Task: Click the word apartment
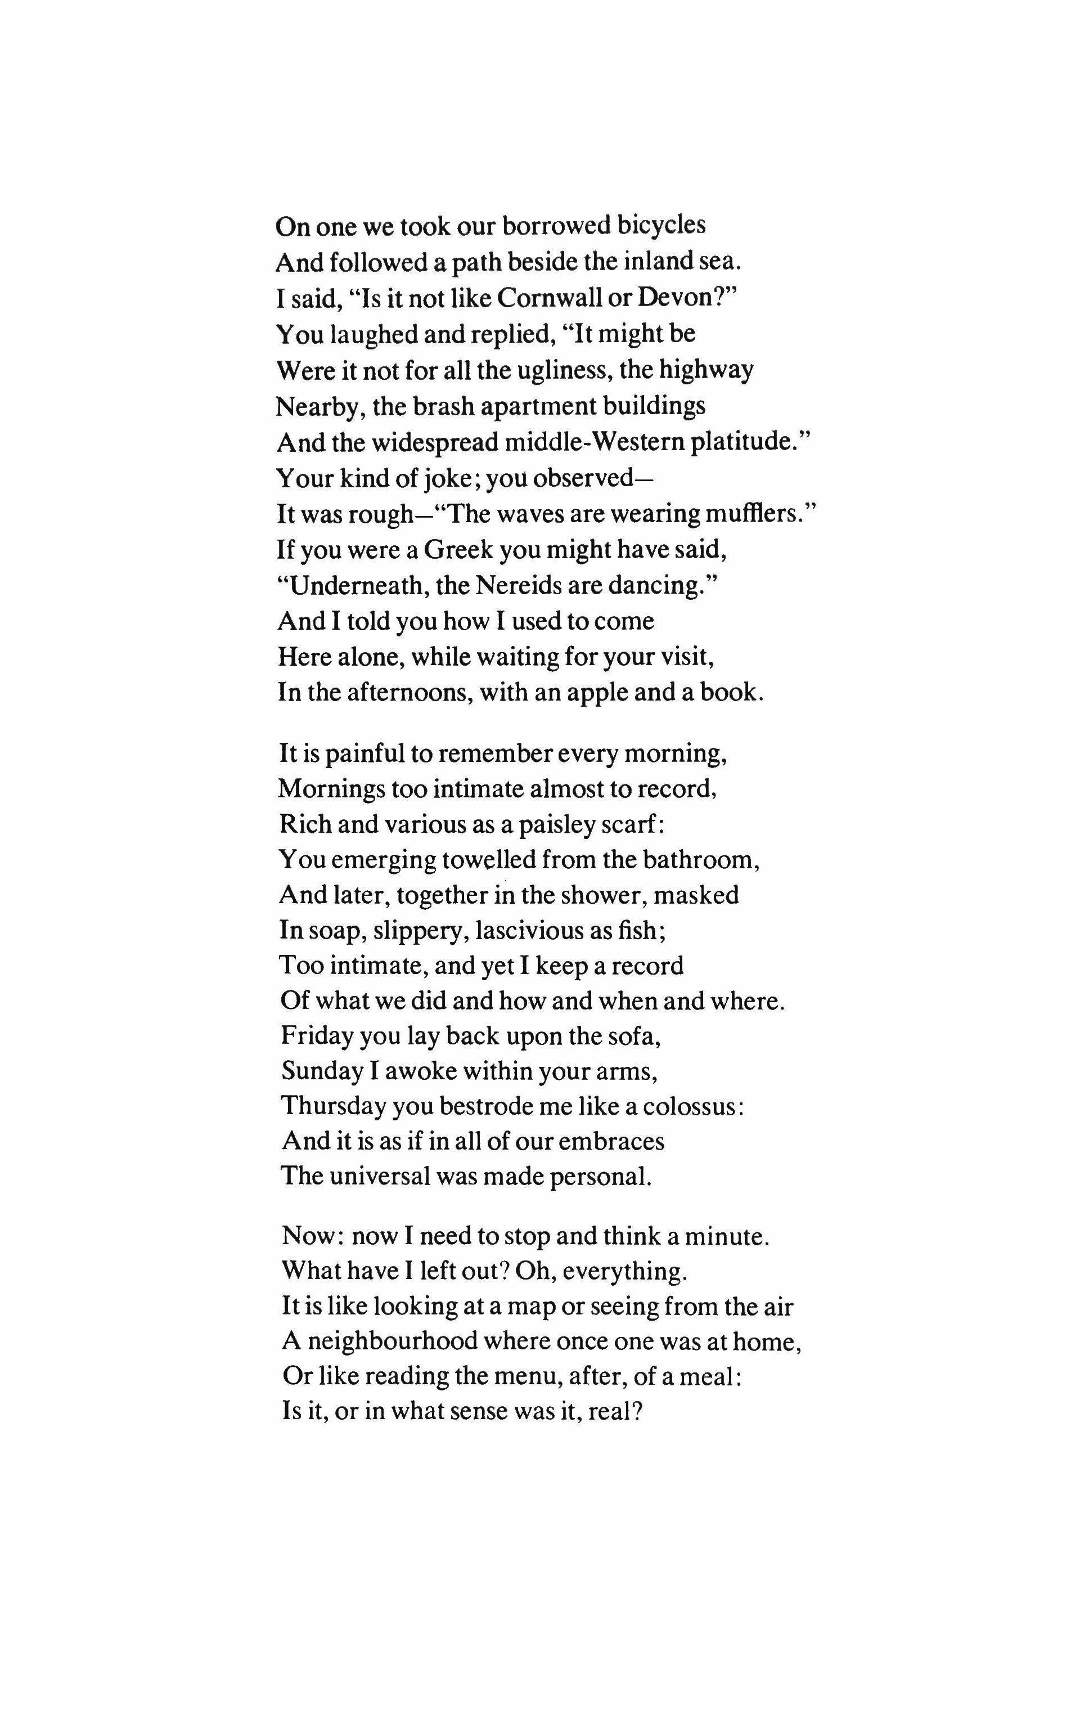click(x=534, y=406)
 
